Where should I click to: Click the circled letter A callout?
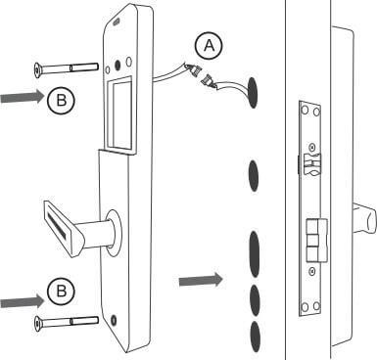pos(209,46)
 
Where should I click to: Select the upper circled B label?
pos(61,100)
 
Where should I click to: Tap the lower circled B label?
pos(61,291)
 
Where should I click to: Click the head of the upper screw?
pos(38,69)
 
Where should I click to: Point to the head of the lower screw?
pos(38,324)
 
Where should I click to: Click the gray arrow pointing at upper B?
pos(23,97)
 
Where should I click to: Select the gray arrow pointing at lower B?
pos(23,301)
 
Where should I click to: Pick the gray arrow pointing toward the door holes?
pos(201,280)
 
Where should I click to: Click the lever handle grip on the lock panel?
pos(62,229)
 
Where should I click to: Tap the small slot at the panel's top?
pos(116,22)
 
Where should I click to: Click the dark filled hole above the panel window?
pos(118,66)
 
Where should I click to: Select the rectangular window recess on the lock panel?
pos(118,114)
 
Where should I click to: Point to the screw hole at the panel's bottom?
pos(114,320)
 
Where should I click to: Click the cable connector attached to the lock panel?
pos(193,70)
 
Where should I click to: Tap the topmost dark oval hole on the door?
pos(252,93)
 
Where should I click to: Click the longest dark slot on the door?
pos(255,254)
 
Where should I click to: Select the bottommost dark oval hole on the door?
pos(256,337)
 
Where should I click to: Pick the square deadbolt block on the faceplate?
pos(316,241)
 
